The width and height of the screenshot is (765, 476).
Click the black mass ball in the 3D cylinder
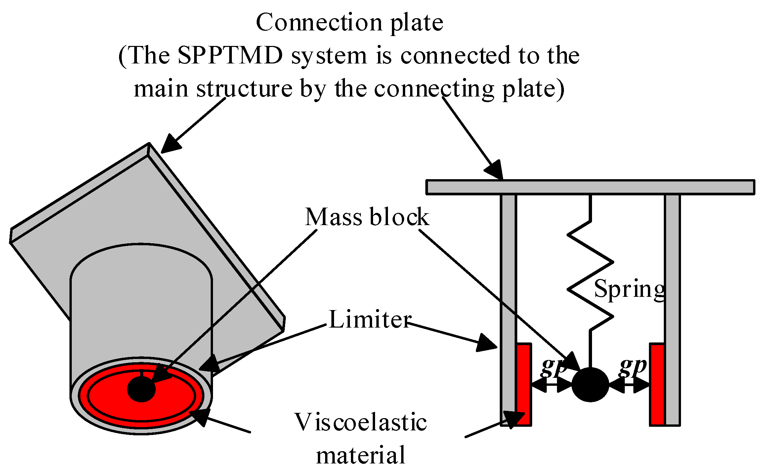141,389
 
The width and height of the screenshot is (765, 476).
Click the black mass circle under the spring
590,384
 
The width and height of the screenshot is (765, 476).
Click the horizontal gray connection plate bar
590,187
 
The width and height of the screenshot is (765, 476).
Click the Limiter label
370,320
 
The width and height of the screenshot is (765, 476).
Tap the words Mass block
367,217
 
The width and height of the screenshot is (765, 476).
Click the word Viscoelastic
361,422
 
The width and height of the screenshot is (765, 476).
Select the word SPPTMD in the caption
230,55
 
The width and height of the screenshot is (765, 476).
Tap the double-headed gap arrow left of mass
551,385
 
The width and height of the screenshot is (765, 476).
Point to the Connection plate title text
349,22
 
